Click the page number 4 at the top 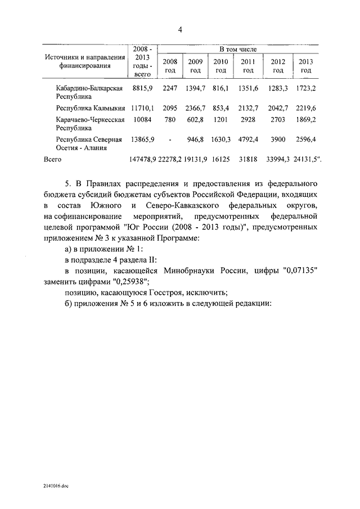pos(180,30)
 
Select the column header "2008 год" pos(169,66)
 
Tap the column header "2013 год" pos(305,66)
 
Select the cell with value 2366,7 pos(196,107)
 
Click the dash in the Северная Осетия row pos(170,138)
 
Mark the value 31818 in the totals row pos(248,159)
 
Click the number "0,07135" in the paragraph pos(301,271)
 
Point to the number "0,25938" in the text pos(130,281)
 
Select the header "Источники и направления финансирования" pos(86,61)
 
